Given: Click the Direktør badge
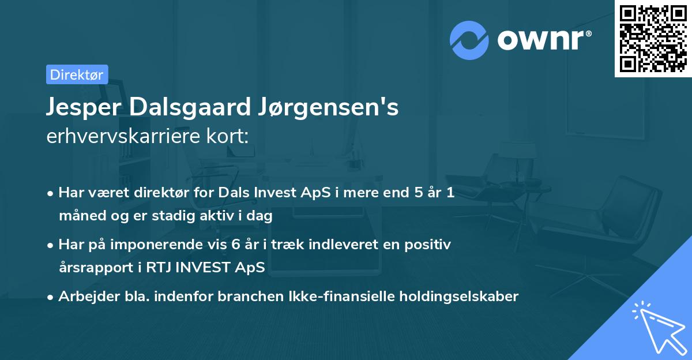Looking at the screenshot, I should [x=77, y=74].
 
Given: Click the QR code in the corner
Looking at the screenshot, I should [x=653, y=38].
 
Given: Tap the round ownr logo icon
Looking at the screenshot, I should [x=469, y=40].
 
